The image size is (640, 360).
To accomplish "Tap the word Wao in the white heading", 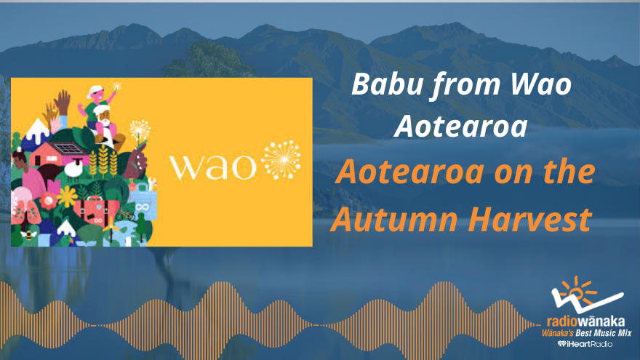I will coord(539,86).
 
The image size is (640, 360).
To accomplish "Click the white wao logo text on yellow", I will coord(212,166).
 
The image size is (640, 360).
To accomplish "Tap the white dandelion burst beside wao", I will coord(281,160).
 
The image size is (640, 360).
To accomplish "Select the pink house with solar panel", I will coord(59,153).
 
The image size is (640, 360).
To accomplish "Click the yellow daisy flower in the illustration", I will coord(68,196).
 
